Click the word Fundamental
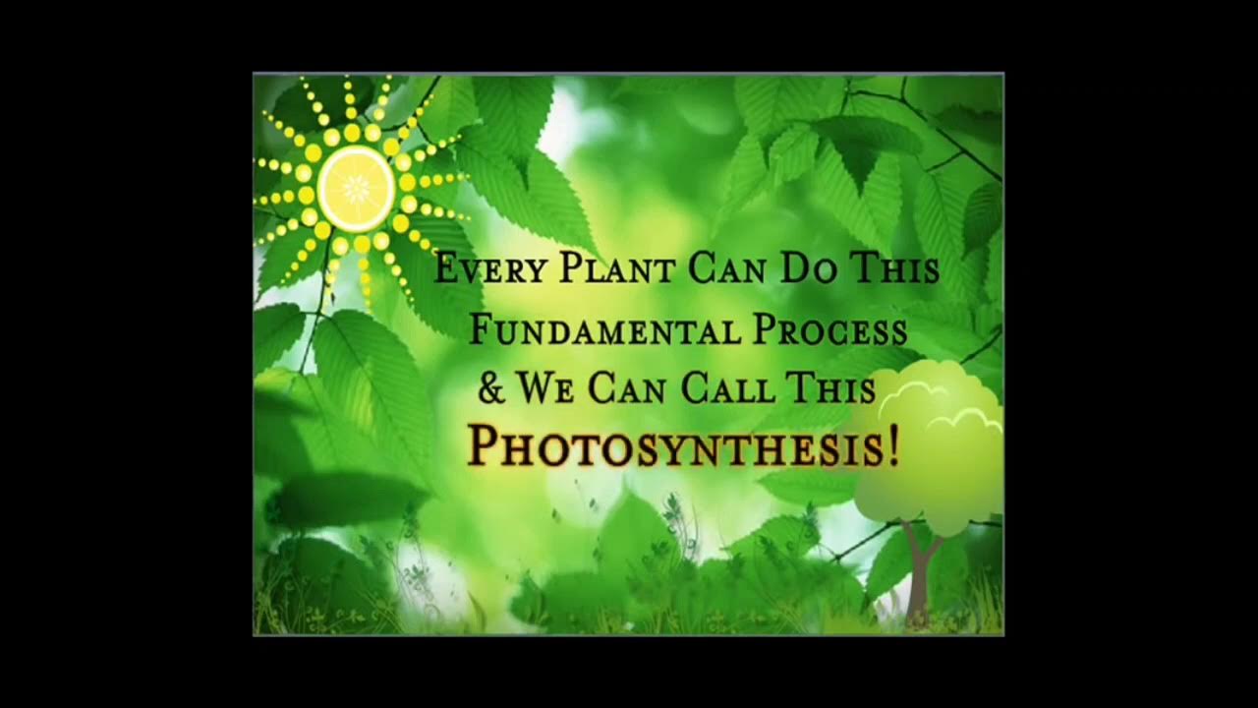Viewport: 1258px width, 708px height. [x=604, y=330]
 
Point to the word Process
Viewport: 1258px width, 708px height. [x=829, y=330]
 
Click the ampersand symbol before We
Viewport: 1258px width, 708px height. [x=490, y=388]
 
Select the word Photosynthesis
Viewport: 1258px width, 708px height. [x=674, y=446]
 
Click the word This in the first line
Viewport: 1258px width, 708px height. [x=893, y=268]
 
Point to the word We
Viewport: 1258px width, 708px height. [x=546, y=388]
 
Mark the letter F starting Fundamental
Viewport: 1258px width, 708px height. [x=482, y=330]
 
